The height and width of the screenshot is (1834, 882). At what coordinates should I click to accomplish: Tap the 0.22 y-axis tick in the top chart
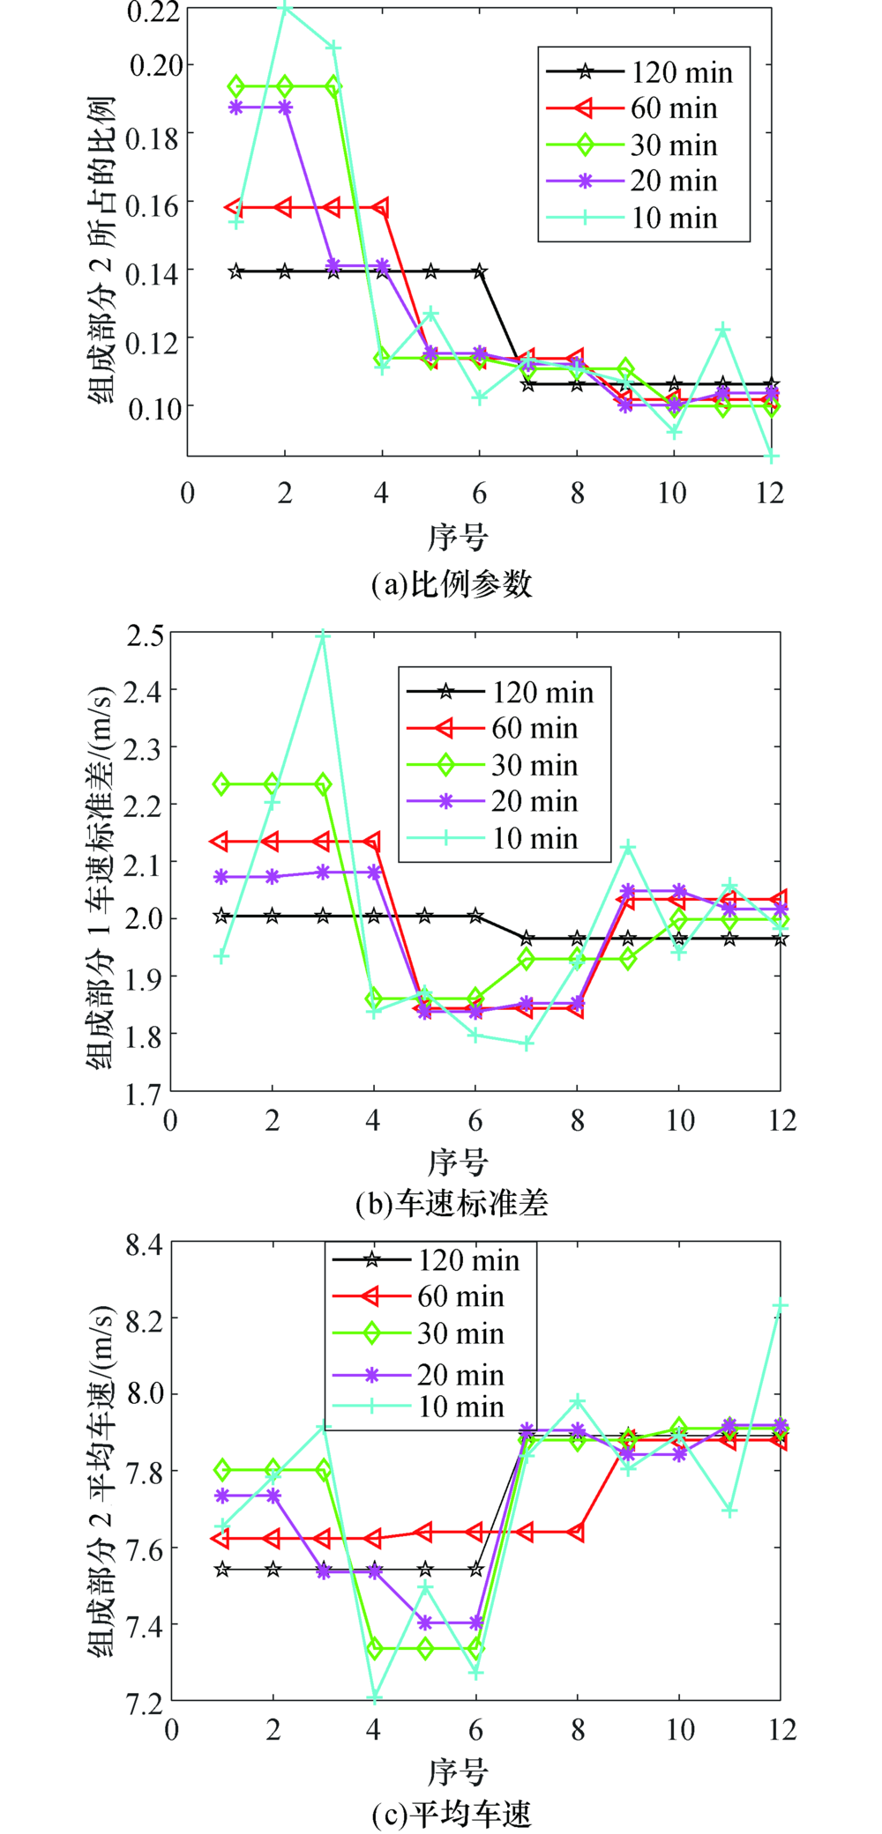tap(154, 12)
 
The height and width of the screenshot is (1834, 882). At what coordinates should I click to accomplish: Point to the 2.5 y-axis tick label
tap(145, 636)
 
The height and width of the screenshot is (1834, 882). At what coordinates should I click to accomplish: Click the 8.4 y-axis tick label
tap(145, 1245)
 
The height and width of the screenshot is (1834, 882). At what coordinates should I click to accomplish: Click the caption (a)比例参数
tap(452, 584)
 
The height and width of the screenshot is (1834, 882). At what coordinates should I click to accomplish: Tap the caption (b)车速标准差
tap(452, 1203)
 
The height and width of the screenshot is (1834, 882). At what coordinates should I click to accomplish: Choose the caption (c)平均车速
tap(452, 1815)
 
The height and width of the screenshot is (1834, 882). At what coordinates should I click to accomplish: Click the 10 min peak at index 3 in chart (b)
tap(323, 635)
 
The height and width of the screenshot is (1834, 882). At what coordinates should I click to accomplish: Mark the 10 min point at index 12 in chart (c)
tap(780, 1306)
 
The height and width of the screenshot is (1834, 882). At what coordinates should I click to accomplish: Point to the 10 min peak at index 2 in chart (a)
tap(285, 8)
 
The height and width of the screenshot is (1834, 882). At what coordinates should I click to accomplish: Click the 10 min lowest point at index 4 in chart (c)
tap(374, 1697)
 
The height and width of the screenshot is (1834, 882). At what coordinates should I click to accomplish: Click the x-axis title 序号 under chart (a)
tap(458, 536)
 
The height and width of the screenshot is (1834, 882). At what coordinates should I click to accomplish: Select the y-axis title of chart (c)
tap(101, 1481)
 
